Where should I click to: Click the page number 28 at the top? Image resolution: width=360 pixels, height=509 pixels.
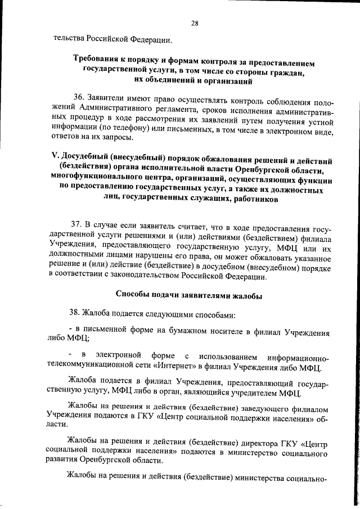(x=195, y=22)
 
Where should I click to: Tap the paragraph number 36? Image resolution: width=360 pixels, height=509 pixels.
(x=78, y=97)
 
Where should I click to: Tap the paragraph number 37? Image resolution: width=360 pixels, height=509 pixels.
(x=78, y=227)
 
